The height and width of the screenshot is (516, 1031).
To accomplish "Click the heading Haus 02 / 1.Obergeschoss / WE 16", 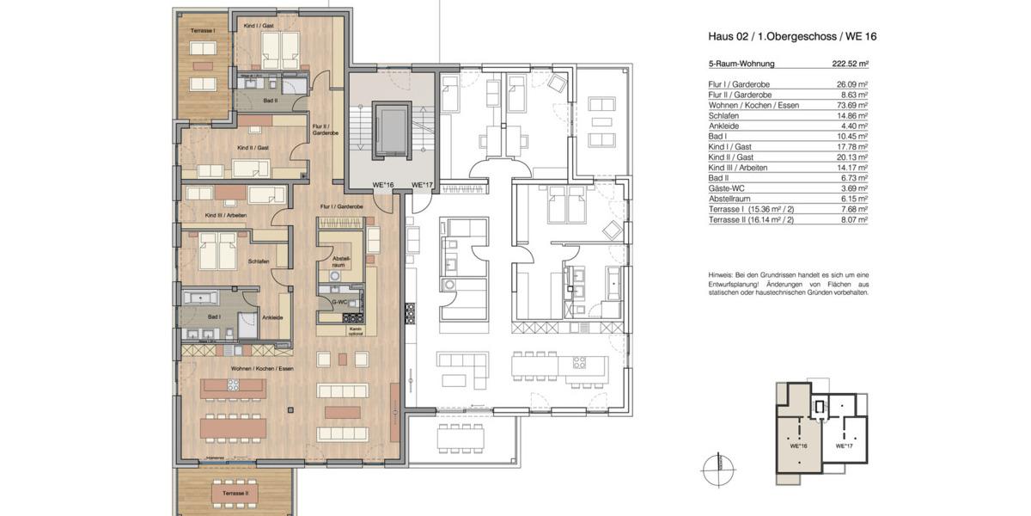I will point(791,37).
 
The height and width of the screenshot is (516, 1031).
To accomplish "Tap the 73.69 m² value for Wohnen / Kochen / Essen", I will point(851,103).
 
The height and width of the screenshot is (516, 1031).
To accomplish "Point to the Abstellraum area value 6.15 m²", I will point(853,199).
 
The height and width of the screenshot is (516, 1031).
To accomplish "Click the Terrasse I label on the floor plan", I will point(202,32).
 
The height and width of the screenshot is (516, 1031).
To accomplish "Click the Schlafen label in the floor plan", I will point(259,261).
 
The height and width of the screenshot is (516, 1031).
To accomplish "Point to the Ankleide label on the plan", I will point(272,317).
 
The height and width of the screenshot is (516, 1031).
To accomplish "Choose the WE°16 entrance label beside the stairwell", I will point(382,185).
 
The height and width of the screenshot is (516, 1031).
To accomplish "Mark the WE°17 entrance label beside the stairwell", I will point(420,185).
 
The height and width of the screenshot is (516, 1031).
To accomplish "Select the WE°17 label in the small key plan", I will point(844,446).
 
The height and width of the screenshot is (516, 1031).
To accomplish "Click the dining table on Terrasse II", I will point(235,494).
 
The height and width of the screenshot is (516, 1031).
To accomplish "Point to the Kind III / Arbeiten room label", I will point(224,215).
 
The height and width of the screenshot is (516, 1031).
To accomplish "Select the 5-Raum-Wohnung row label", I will point(741,64).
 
